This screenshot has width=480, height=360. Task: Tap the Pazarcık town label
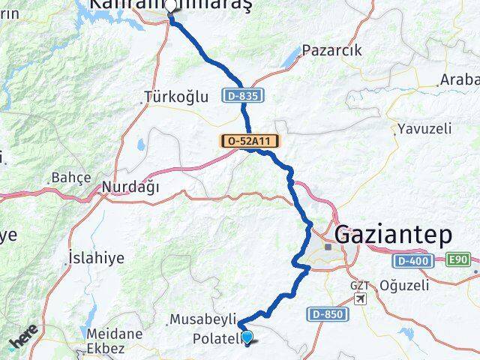click(x=331, y=51)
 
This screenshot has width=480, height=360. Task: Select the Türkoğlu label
click(x=174, y=97)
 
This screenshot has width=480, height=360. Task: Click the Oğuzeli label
click(x=405, y=285)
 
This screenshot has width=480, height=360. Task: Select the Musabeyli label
click(x=203, y=319)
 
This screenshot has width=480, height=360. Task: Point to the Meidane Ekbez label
click(x=112, y=341)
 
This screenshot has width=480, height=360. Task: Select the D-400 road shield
click(x=410, y=259)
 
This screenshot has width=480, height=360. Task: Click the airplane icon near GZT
click(x=361, y=298)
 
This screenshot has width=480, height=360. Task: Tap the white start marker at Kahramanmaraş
click(x=172, y=8)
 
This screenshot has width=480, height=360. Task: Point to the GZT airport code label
click(x=360, y=286)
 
